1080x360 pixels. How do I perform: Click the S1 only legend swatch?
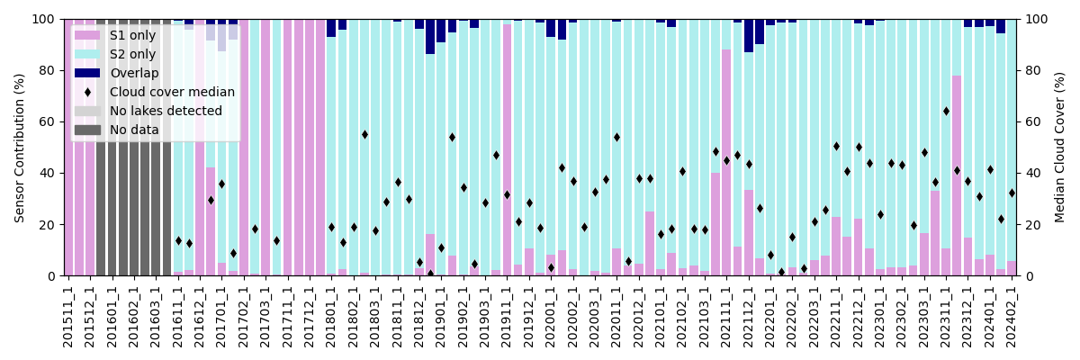(x=87, y=36)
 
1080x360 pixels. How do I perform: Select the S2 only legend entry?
(x=87, y=55)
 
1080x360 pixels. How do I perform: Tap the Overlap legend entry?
(x=87, y=74)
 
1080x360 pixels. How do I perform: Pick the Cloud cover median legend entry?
(x=87, y=92)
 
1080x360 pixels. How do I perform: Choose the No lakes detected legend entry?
(x=87, y=112)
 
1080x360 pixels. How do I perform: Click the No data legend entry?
(x=87, y=130)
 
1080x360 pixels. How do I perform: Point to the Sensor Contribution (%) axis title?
(x=20, y=147)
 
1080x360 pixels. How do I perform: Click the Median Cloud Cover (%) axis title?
(x=1060, y=147)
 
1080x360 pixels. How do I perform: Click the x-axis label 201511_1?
(x=68, y=317)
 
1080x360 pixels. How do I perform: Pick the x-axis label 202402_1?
(x=1012, y=317)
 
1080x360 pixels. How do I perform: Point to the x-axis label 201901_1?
(x=441, y=317)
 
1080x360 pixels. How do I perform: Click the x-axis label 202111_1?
(x=726, y=317)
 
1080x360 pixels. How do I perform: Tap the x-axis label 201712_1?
(x=310, y=317)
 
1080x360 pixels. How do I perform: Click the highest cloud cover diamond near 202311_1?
(x=946, y=112)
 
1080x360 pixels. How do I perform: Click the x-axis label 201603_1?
(x=156, y=317)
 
